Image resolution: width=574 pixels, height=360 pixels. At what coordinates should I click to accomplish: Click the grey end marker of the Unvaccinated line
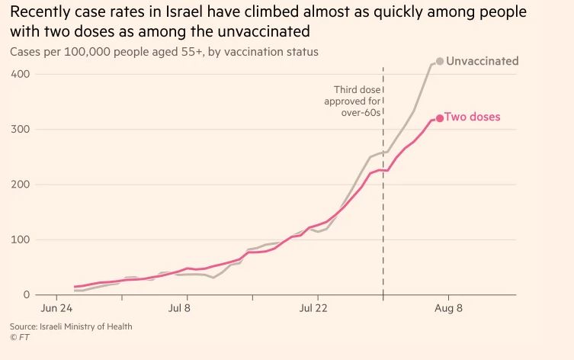439,61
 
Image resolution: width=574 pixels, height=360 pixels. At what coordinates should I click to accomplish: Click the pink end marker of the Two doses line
439,118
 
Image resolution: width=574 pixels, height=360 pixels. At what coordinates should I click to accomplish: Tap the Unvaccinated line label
482,61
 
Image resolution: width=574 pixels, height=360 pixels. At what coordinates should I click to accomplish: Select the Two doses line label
473,117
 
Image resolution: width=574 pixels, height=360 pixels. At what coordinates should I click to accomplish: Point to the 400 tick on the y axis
20,74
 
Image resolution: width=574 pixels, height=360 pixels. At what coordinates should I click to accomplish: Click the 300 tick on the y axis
20,129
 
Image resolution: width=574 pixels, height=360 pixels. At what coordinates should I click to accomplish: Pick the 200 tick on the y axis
20,185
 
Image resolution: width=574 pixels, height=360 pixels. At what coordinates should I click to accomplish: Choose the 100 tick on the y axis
20,239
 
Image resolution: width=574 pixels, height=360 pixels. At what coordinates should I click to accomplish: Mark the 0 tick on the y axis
26,294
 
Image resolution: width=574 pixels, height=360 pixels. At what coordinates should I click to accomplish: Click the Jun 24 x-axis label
56,308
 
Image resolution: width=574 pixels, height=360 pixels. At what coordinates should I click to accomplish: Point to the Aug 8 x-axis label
448,308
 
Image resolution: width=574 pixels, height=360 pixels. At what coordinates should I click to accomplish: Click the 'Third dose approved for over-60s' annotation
351,101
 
